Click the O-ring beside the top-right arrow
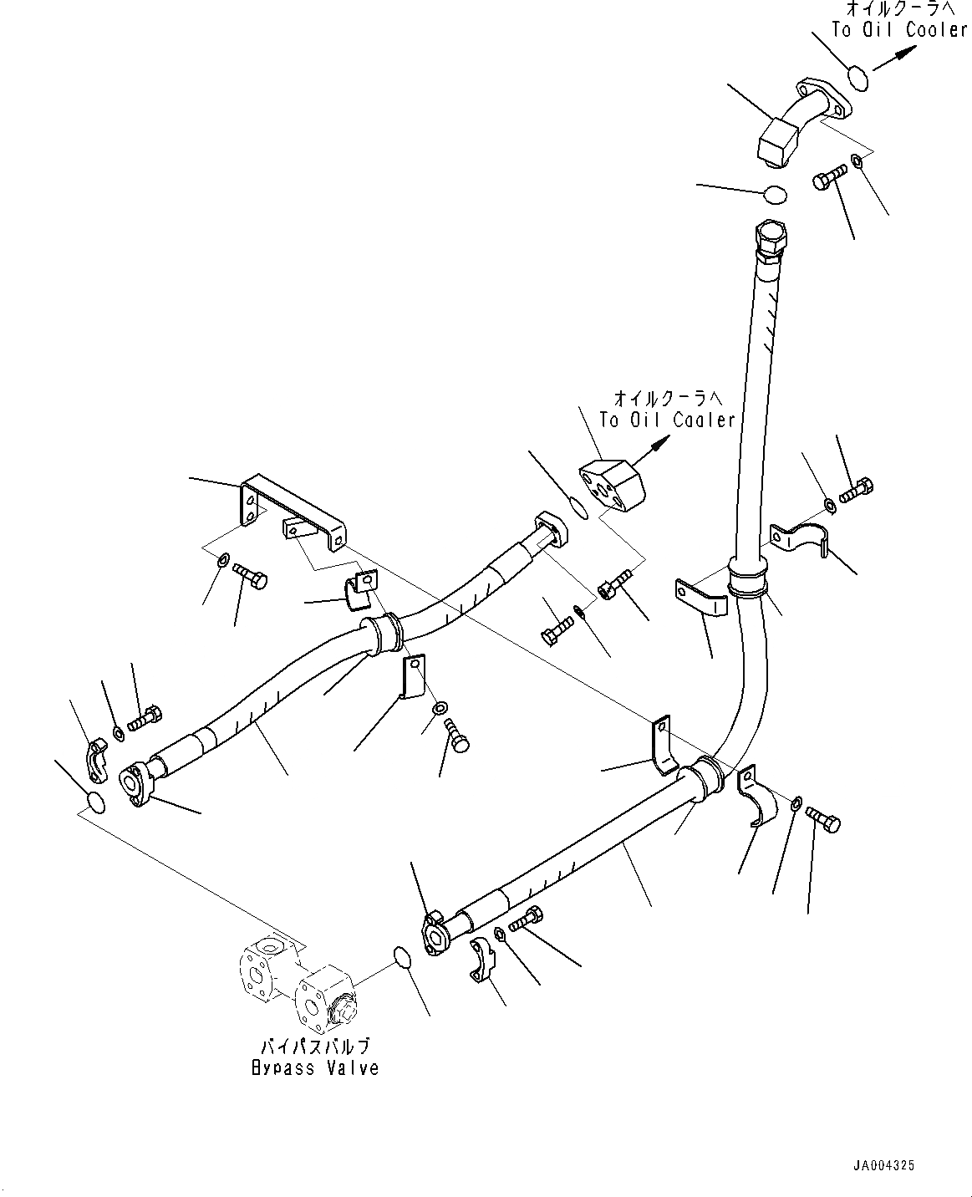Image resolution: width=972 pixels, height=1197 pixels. [857, 79]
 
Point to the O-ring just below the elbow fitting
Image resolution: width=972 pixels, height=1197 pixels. [775, 194]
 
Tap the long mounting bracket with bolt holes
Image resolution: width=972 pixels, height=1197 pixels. [293, 510]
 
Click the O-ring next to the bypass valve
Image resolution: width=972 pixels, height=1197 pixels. [402, 957]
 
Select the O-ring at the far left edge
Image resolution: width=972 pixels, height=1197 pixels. [96, 802]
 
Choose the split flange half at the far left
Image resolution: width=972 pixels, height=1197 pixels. [96, 746]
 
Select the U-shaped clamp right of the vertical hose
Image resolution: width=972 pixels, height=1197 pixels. [801, 539]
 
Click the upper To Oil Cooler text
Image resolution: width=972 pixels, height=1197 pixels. [898, 29]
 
